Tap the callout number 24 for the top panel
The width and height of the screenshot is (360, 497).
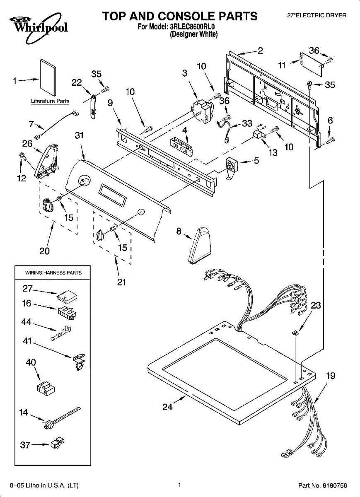pos(167,407)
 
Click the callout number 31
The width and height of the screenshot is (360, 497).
pos(80,135)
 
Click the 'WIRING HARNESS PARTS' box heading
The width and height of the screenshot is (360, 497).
pos(53,273)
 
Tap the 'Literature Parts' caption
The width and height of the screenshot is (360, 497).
pos(50,101)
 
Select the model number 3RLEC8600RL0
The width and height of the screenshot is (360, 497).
pos(193,27)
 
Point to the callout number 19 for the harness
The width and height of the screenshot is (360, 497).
pos(330,376)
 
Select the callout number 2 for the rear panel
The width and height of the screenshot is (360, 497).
pos(260,51)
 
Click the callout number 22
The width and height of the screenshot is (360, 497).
pos(77,83)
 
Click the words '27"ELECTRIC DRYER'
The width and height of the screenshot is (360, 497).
pos(317,15)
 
